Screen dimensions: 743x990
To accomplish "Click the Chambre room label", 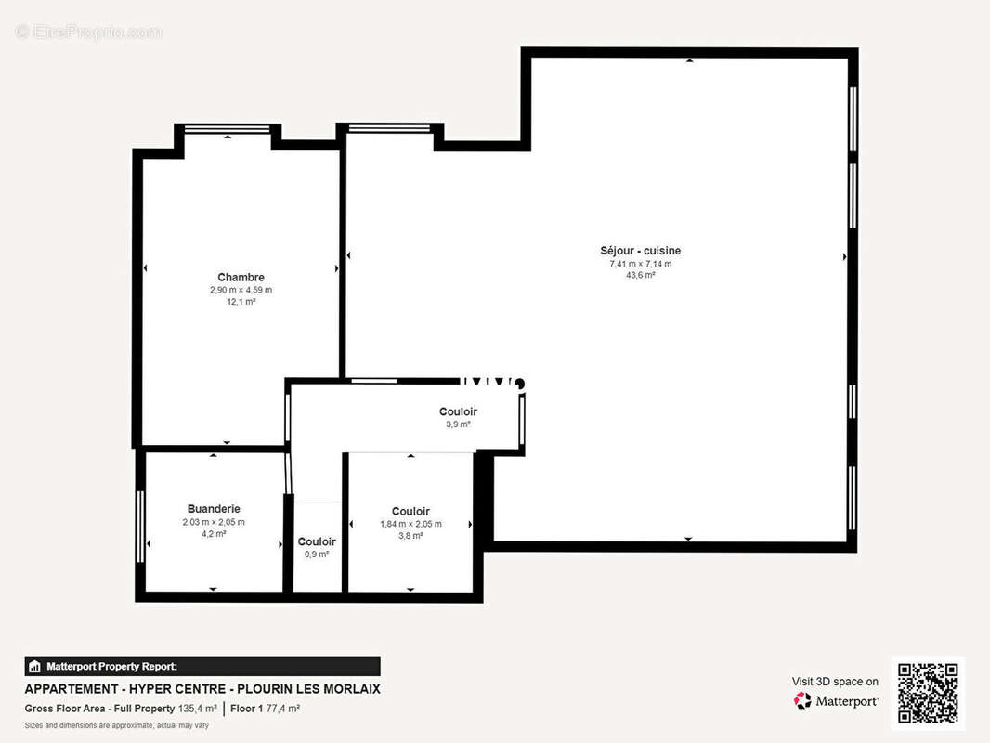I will (241, 277).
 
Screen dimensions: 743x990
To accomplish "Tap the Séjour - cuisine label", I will (640, 251).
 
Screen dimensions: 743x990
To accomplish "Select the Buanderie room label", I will (214, 509).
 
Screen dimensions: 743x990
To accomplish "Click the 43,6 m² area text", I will (640, 276).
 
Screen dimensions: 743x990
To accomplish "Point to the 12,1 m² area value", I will (241, 302).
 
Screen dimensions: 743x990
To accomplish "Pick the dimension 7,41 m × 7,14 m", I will (640, 264).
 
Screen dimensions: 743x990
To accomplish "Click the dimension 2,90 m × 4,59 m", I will (241, 290).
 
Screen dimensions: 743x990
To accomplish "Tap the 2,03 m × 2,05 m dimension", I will (214, 522).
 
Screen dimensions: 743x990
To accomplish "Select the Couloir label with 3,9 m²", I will (458, 411).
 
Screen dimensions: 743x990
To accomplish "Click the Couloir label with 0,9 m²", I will (317, 541).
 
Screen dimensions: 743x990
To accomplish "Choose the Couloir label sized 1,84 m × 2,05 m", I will (410, 511).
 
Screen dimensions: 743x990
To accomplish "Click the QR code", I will (928, 694).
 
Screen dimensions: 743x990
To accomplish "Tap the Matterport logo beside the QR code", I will (836, 701).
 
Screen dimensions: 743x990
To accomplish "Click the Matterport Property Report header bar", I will (202, 666).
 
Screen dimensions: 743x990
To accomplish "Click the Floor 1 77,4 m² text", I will (265, 709).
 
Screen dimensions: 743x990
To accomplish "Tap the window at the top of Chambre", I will (228, 129).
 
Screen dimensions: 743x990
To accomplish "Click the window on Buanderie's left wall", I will (140, 526).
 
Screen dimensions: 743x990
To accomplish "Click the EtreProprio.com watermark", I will (89, 33).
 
